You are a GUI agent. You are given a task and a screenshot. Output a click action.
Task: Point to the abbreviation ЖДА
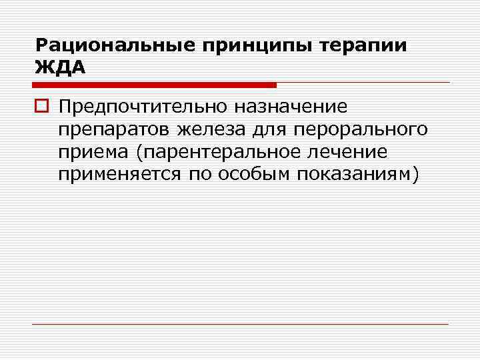tap(61, 68)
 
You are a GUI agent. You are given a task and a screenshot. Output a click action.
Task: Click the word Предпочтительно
tap(141, 106)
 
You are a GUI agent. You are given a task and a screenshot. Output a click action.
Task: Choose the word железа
tap(203, 129)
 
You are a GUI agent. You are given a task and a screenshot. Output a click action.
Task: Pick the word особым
tap(248, 175)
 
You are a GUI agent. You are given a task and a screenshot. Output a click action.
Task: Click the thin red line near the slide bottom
tap(240, 325)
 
